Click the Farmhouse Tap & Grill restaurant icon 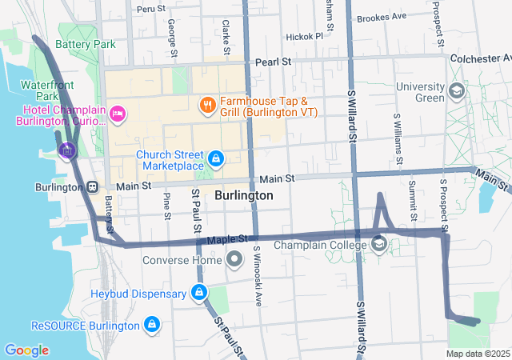(206, 104)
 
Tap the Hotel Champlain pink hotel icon (118, 114)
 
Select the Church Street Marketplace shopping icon (215, 158)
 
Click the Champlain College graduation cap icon (379, 244)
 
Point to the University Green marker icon (456, 90)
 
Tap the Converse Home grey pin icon (234, 259)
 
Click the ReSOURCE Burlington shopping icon (151, 325)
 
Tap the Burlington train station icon (93, 187)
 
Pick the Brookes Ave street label (382, 17)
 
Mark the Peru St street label (150, 9)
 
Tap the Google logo (26, 350)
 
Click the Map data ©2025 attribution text (478, 354)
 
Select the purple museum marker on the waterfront (66, 150)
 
